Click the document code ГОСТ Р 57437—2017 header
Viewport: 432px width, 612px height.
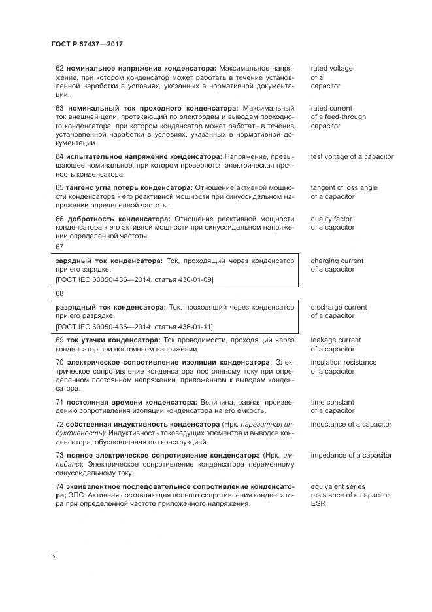87,44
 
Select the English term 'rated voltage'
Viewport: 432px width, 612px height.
331,69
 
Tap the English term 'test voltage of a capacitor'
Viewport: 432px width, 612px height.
352,157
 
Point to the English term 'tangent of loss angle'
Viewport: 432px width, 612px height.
344,188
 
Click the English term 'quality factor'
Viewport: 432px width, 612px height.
331,219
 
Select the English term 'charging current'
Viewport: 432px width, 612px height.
337,261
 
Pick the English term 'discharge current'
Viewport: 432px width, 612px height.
339,307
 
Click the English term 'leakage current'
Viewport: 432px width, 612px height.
335,340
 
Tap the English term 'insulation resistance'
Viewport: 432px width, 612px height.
343,363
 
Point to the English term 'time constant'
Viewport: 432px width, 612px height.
332,403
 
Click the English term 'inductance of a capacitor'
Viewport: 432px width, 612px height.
351,425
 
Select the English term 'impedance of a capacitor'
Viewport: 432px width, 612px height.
351,456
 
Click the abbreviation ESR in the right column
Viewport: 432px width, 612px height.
318,504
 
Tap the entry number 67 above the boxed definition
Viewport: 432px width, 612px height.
59,247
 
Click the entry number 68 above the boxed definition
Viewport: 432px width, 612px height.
59,294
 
